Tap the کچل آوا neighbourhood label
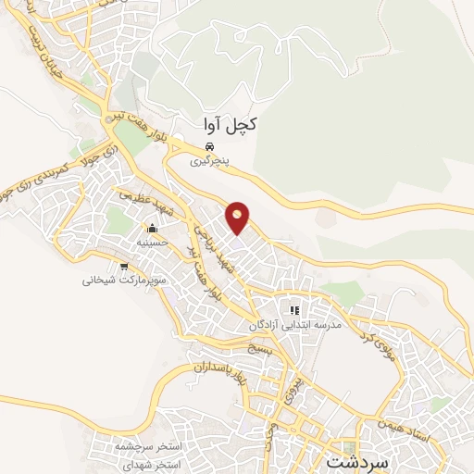coord(226,124)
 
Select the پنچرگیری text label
coord(209,161)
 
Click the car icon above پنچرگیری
coord(209,148)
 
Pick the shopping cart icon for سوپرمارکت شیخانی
coord(123,267)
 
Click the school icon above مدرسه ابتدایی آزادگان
coord(294,311)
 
